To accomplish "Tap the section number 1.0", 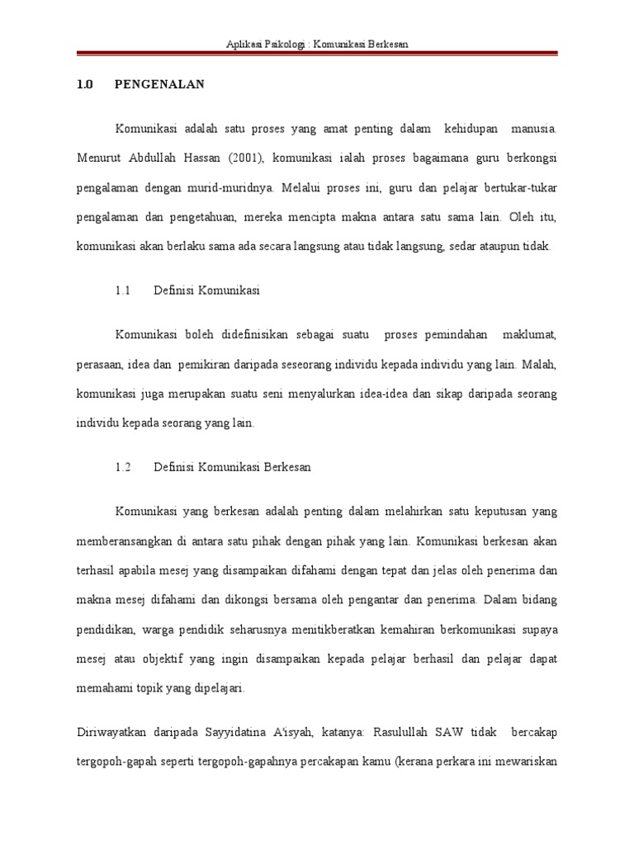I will pyautogui.click(x=84, y=84).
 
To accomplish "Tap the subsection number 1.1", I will pyautogui.click(x=124, y=290).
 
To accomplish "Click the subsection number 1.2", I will pyautogui.click(x=124, y=466).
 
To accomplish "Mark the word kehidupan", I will pyautogui.click(x=471, y=130).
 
